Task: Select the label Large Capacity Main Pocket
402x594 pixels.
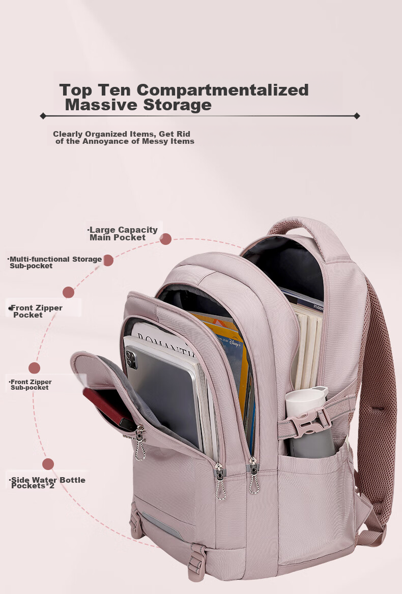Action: pyautogui.click(x=123, y=233)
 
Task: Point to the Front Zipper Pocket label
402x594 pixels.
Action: pyautogui.click(x=36, y=311)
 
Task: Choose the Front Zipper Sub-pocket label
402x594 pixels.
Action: pyautogui.click(x=31, y=385)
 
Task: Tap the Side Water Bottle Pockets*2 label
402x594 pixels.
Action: pyautogui.click(x=47, y=483)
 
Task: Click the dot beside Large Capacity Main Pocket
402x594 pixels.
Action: pyautogui.click(x=165, y=239)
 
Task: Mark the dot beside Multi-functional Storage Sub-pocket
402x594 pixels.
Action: pyautogui.click(x=108, y=261)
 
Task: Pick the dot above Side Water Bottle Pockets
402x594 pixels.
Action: pyautogui.click(x=48, y=464)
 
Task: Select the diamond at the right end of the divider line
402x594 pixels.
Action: pyautogui.click(x=357, y=116)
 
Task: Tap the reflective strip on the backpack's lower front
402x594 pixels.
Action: pyautogui.click(x=162, y=525)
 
